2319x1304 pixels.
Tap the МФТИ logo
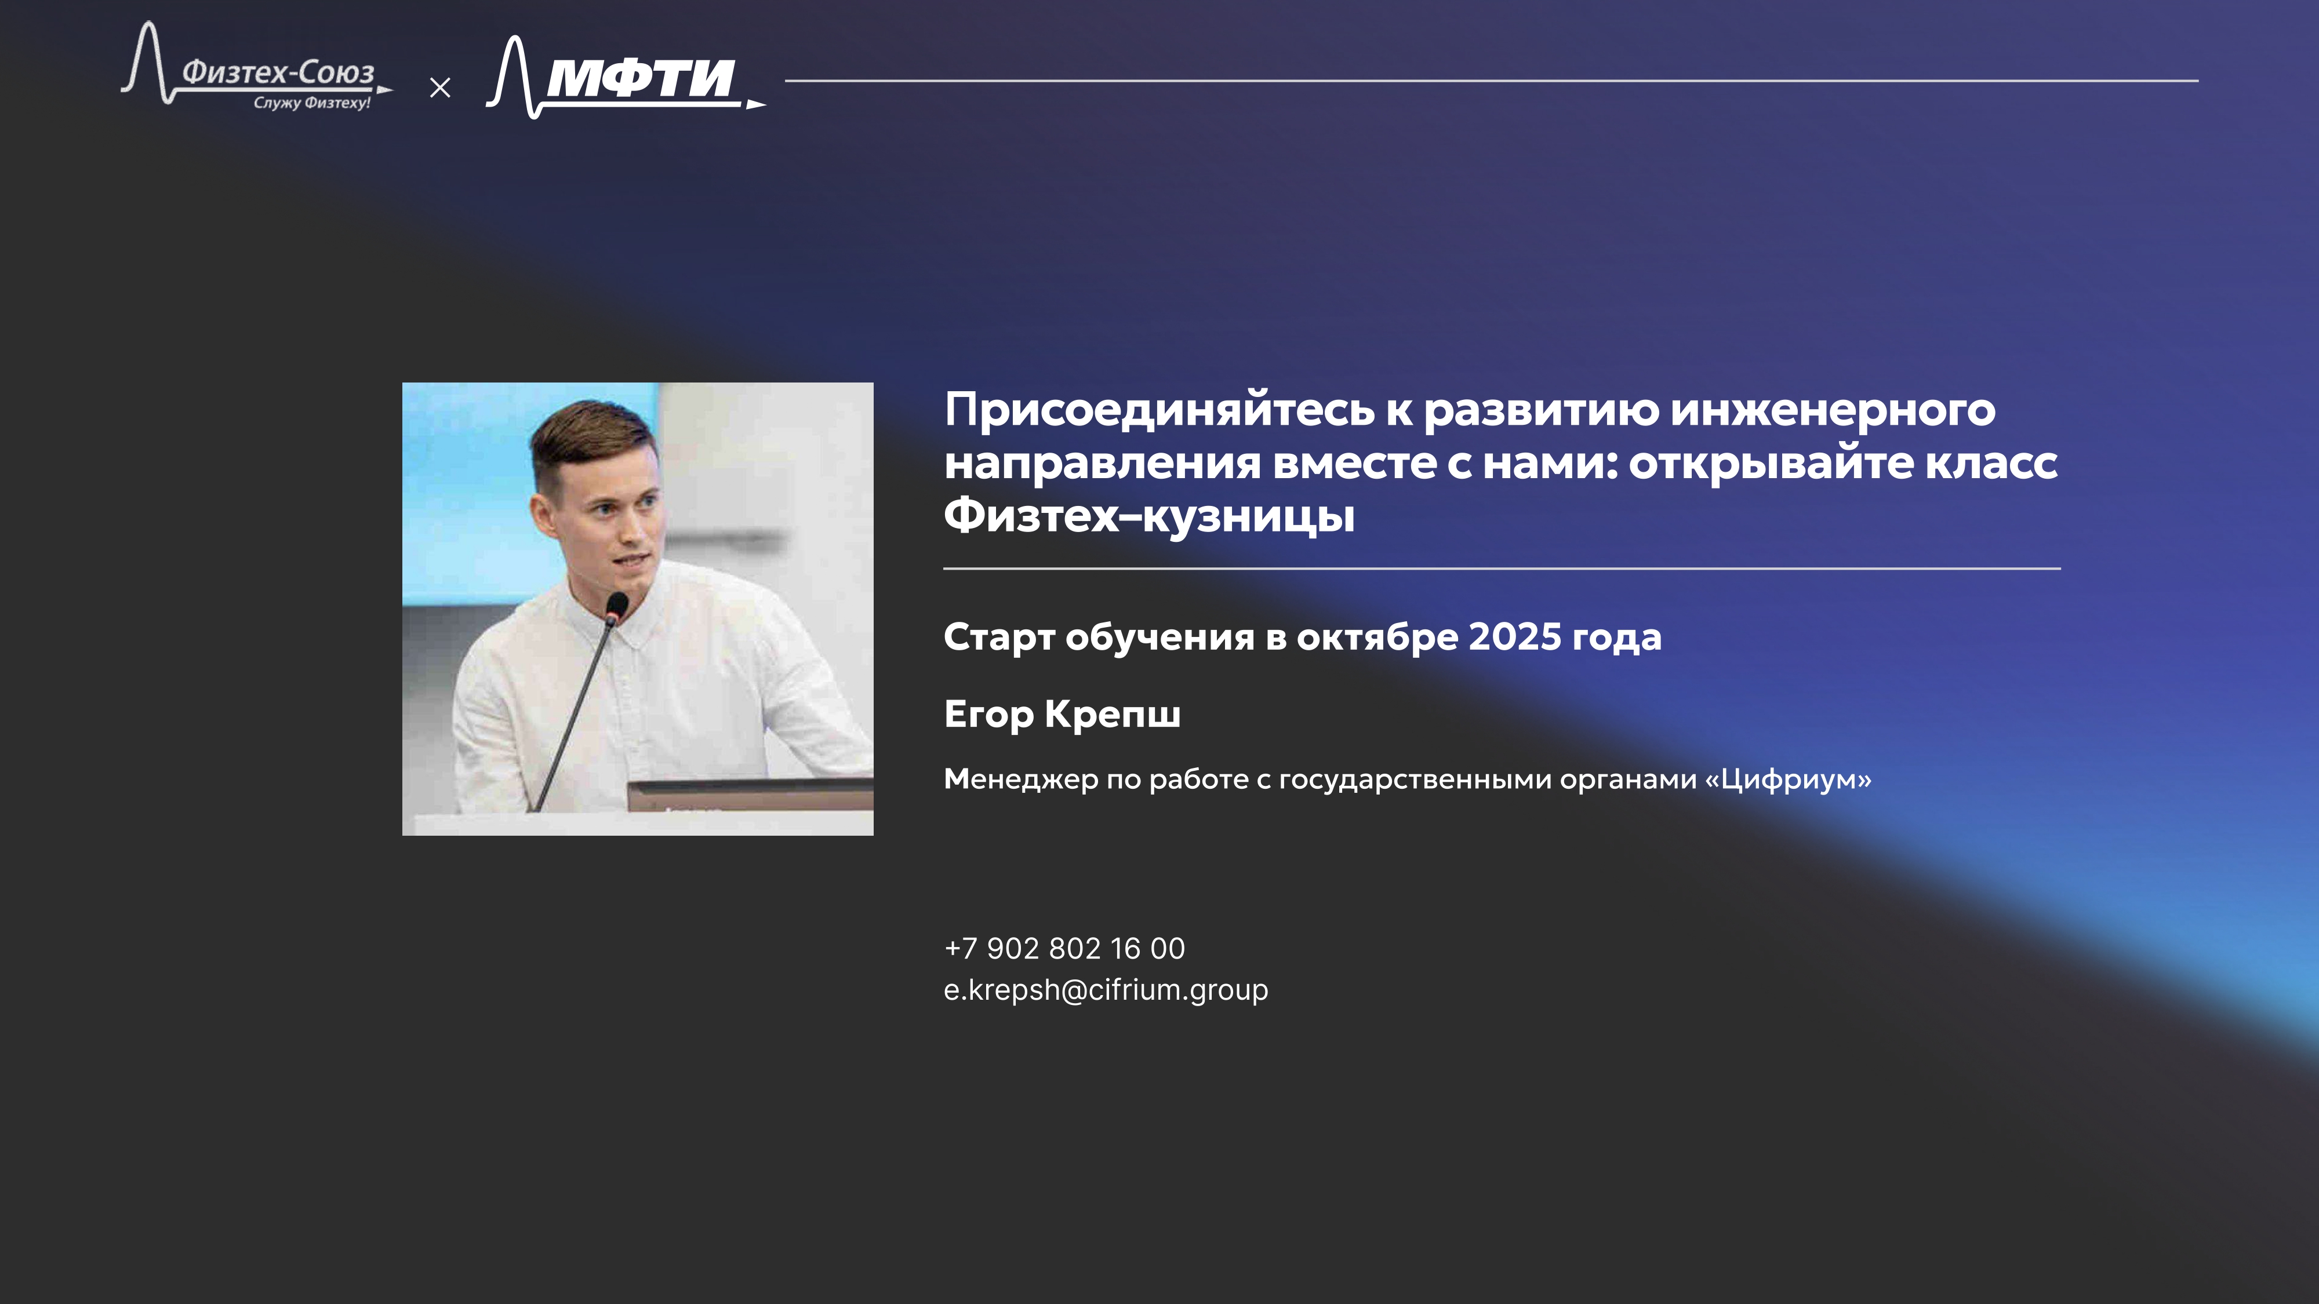pos(626,78)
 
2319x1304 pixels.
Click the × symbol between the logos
pos(440,88)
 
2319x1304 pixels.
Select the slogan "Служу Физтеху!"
pos(311,103)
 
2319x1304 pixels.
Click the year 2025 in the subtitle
pos(1515,637)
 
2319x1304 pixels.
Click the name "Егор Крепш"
pos(1062,713)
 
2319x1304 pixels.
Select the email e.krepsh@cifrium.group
pos(1106,990)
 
